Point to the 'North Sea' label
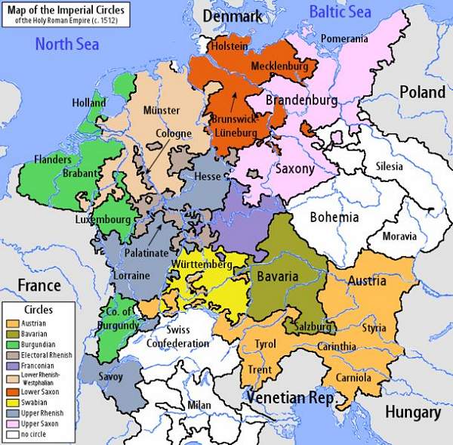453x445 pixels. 66,45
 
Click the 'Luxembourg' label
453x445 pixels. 103,219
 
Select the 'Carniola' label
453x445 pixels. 353,376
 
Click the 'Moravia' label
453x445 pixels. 399,236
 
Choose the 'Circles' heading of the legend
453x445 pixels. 38,310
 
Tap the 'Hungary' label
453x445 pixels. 412,413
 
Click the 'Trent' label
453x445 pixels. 261,370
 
